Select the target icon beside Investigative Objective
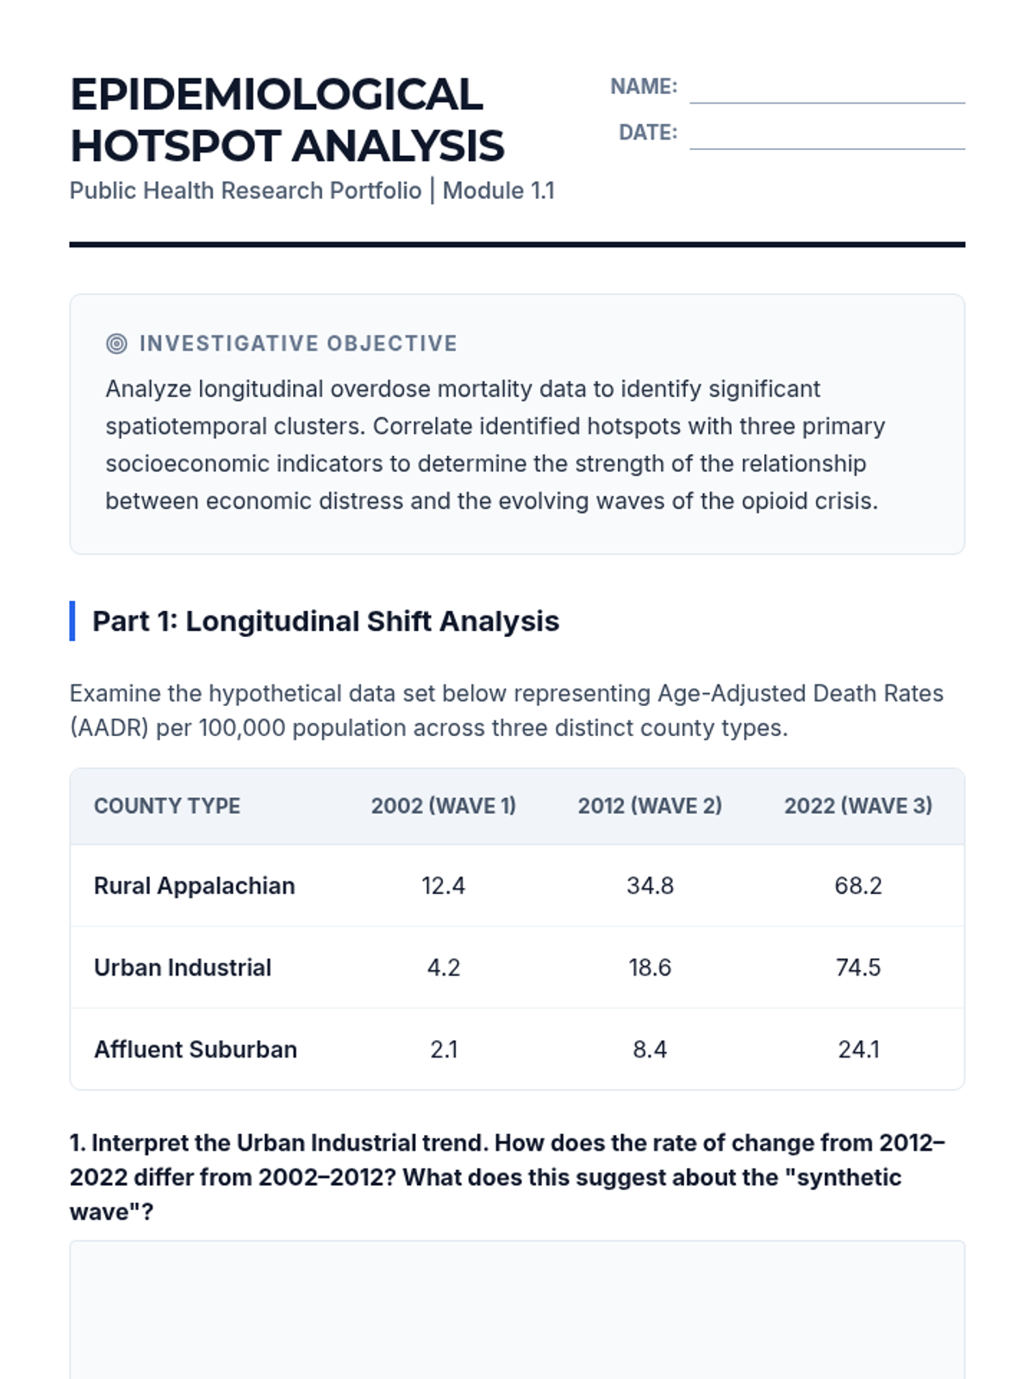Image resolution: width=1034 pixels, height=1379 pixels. pyautogui.click(x=116, y=344)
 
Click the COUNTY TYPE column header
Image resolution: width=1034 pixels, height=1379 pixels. pyautogui.click(x=167, y=806)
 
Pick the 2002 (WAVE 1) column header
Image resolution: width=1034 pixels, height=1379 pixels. pyautogui.click(x=443, y=806)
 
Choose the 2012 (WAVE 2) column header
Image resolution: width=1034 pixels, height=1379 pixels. pyautogui.click(x=650, y=806)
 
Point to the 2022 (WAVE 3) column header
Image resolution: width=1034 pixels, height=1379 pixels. pyautogui.click(x=857, y=806)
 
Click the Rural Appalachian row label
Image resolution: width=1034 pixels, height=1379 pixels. pyautogui.click(x=194, y=886)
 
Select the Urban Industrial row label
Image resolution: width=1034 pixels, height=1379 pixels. pyautogui.click(x=183, y=968)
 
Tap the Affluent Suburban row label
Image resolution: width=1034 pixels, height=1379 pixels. pyautogui.click(x=196, y=1050)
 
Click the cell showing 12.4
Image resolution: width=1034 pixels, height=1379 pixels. pyautogui.click(x=443, y=886)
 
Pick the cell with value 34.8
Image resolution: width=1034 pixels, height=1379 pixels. pyautogui.click(x=650, y=886)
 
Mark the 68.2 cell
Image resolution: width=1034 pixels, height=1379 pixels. pyautogui.click(x=857, y=886)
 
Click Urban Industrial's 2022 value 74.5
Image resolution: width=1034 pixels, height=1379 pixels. pyautogui.click(x=857, y=968)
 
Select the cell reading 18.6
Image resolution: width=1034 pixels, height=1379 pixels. pyautogui.click(x=650, y=968)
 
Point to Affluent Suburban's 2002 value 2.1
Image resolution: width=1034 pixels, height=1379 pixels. pyautogui.click(x=443, y=1050)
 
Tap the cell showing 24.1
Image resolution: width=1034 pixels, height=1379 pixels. pyautogui.click(x=857, y=1050)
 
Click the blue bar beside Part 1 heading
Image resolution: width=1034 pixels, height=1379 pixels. pyautogui.click(x=72, y=621)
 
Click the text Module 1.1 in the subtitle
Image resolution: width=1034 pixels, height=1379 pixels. pyautogui.click(x=498, y=190)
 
